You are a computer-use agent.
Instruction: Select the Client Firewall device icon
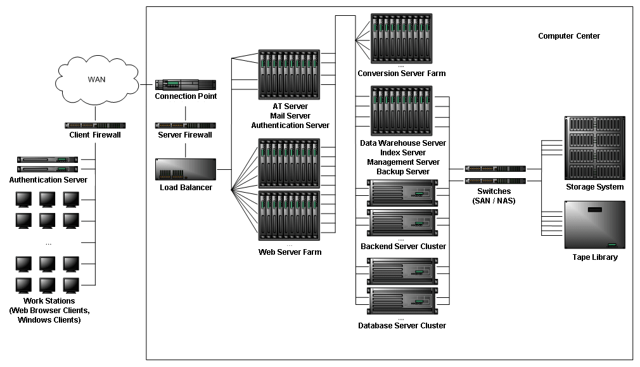(x=95, y=126)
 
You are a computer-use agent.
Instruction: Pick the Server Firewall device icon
(x=186, y=126)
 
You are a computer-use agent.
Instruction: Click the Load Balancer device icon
(x=186, y=171)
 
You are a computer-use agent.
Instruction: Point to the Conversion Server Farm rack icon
(x=402, y=37)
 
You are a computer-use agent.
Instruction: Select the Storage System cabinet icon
(x=594, y=148)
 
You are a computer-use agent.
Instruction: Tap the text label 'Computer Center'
(x=568, y=36)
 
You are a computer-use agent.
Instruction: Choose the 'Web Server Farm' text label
(x=290, y=252)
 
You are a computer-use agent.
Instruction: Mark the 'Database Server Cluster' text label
(x=402, y=326)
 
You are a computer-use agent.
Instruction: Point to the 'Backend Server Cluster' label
(x=403, y=247)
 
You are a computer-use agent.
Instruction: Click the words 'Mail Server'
(x=290, y=116)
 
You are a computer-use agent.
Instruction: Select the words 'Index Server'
(x=403, y=153)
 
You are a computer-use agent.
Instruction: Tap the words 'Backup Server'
(x=403, y=172)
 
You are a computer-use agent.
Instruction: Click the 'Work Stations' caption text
(x=49, y=301)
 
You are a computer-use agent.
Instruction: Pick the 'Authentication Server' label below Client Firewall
(x=48, y=180)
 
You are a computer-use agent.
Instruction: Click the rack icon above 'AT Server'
(x=290, y=74)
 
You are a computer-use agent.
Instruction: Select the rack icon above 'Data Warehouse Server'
(x=402, y=112)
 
